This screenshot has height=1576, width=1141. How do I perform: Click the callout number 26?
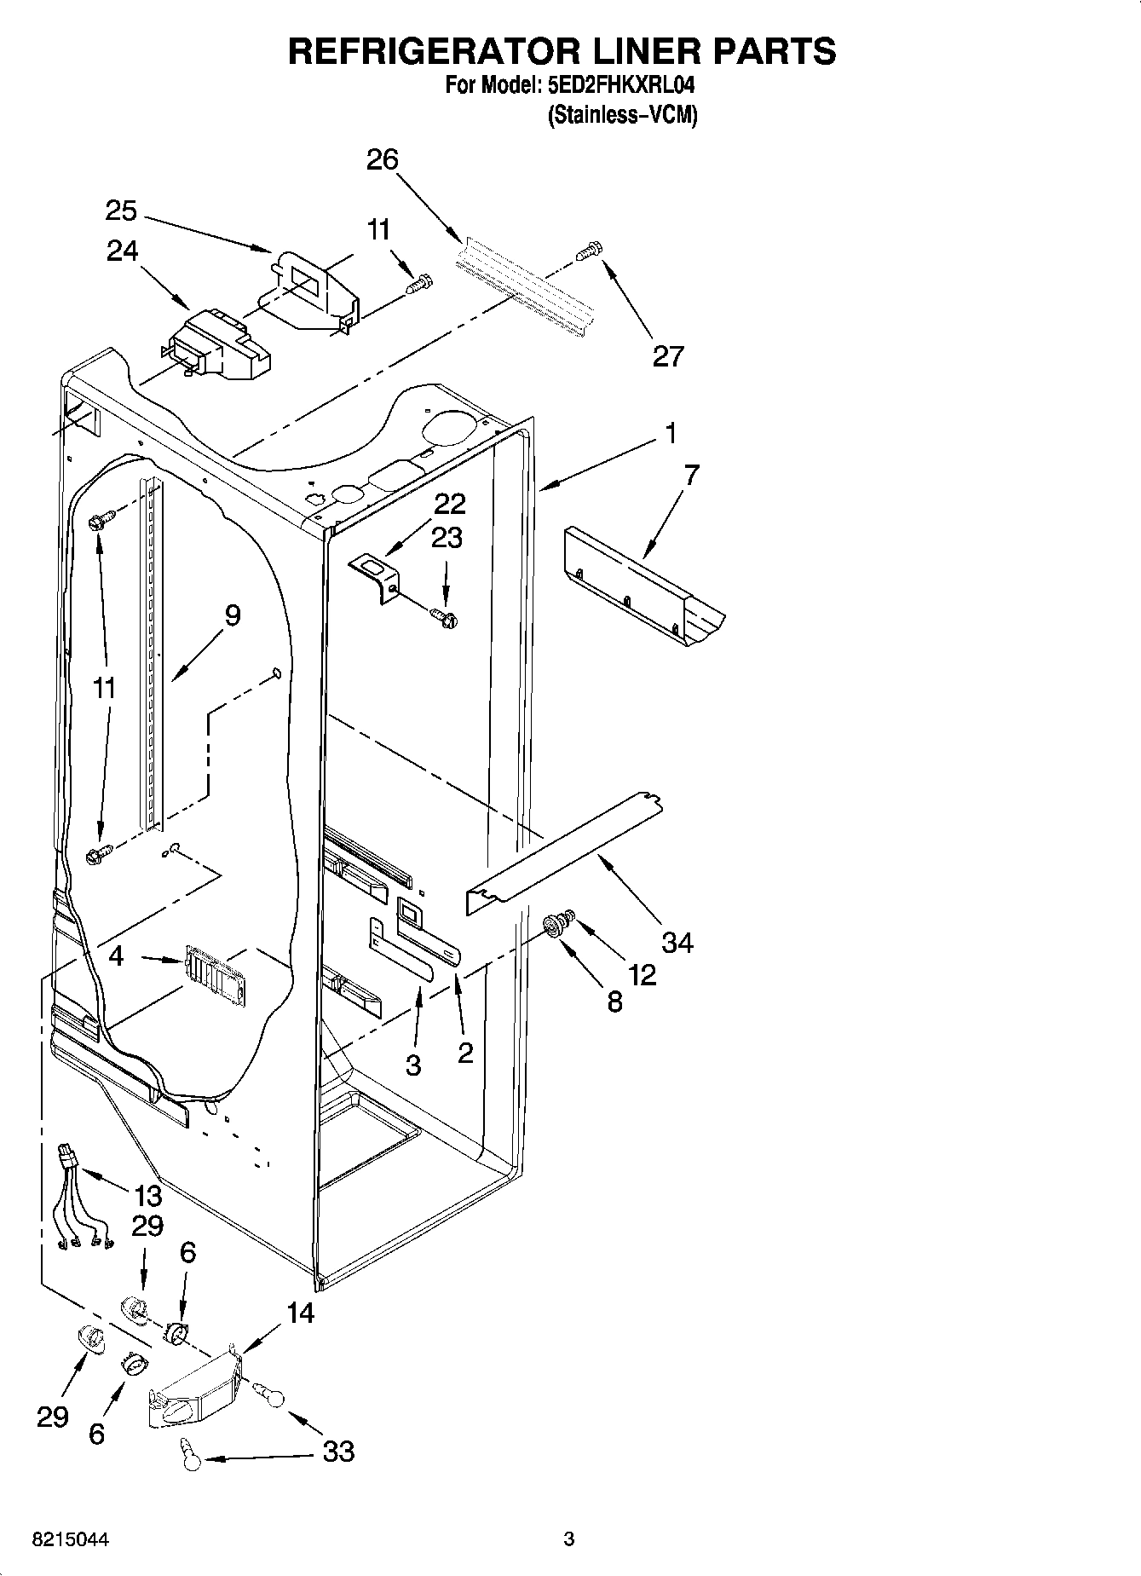coord(383,159)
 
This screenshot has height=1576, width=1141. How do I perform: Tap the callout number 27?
coord(667,355)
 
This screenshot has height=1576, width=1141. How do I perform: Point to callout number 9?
coord(232,615)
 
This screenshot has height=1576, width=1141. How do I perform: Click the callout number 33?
coord(338,1452)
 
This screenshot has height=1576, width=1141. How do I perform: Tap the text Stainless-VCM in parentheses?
coord(622,115)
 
